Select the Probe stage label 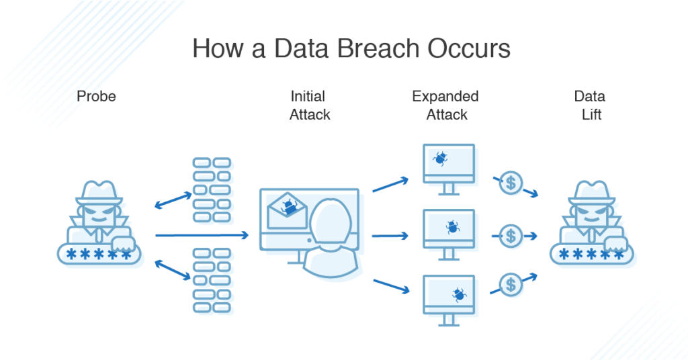96,96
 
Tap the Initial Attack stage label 310,105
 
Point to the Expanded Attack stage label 445,105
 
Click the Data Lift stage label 590,105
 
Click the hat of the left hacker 99,192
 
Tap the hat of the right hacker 591,192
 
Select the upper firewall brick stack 212,190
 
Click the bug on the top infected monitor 441,159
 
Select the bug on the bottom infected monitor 459,294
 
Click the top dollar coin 512,183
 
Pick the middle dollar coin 512,236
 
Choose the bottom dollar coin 512,284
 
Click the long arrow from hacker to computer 202,235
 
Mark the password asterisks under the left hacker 100,255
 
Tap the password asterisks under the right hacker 591,255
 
